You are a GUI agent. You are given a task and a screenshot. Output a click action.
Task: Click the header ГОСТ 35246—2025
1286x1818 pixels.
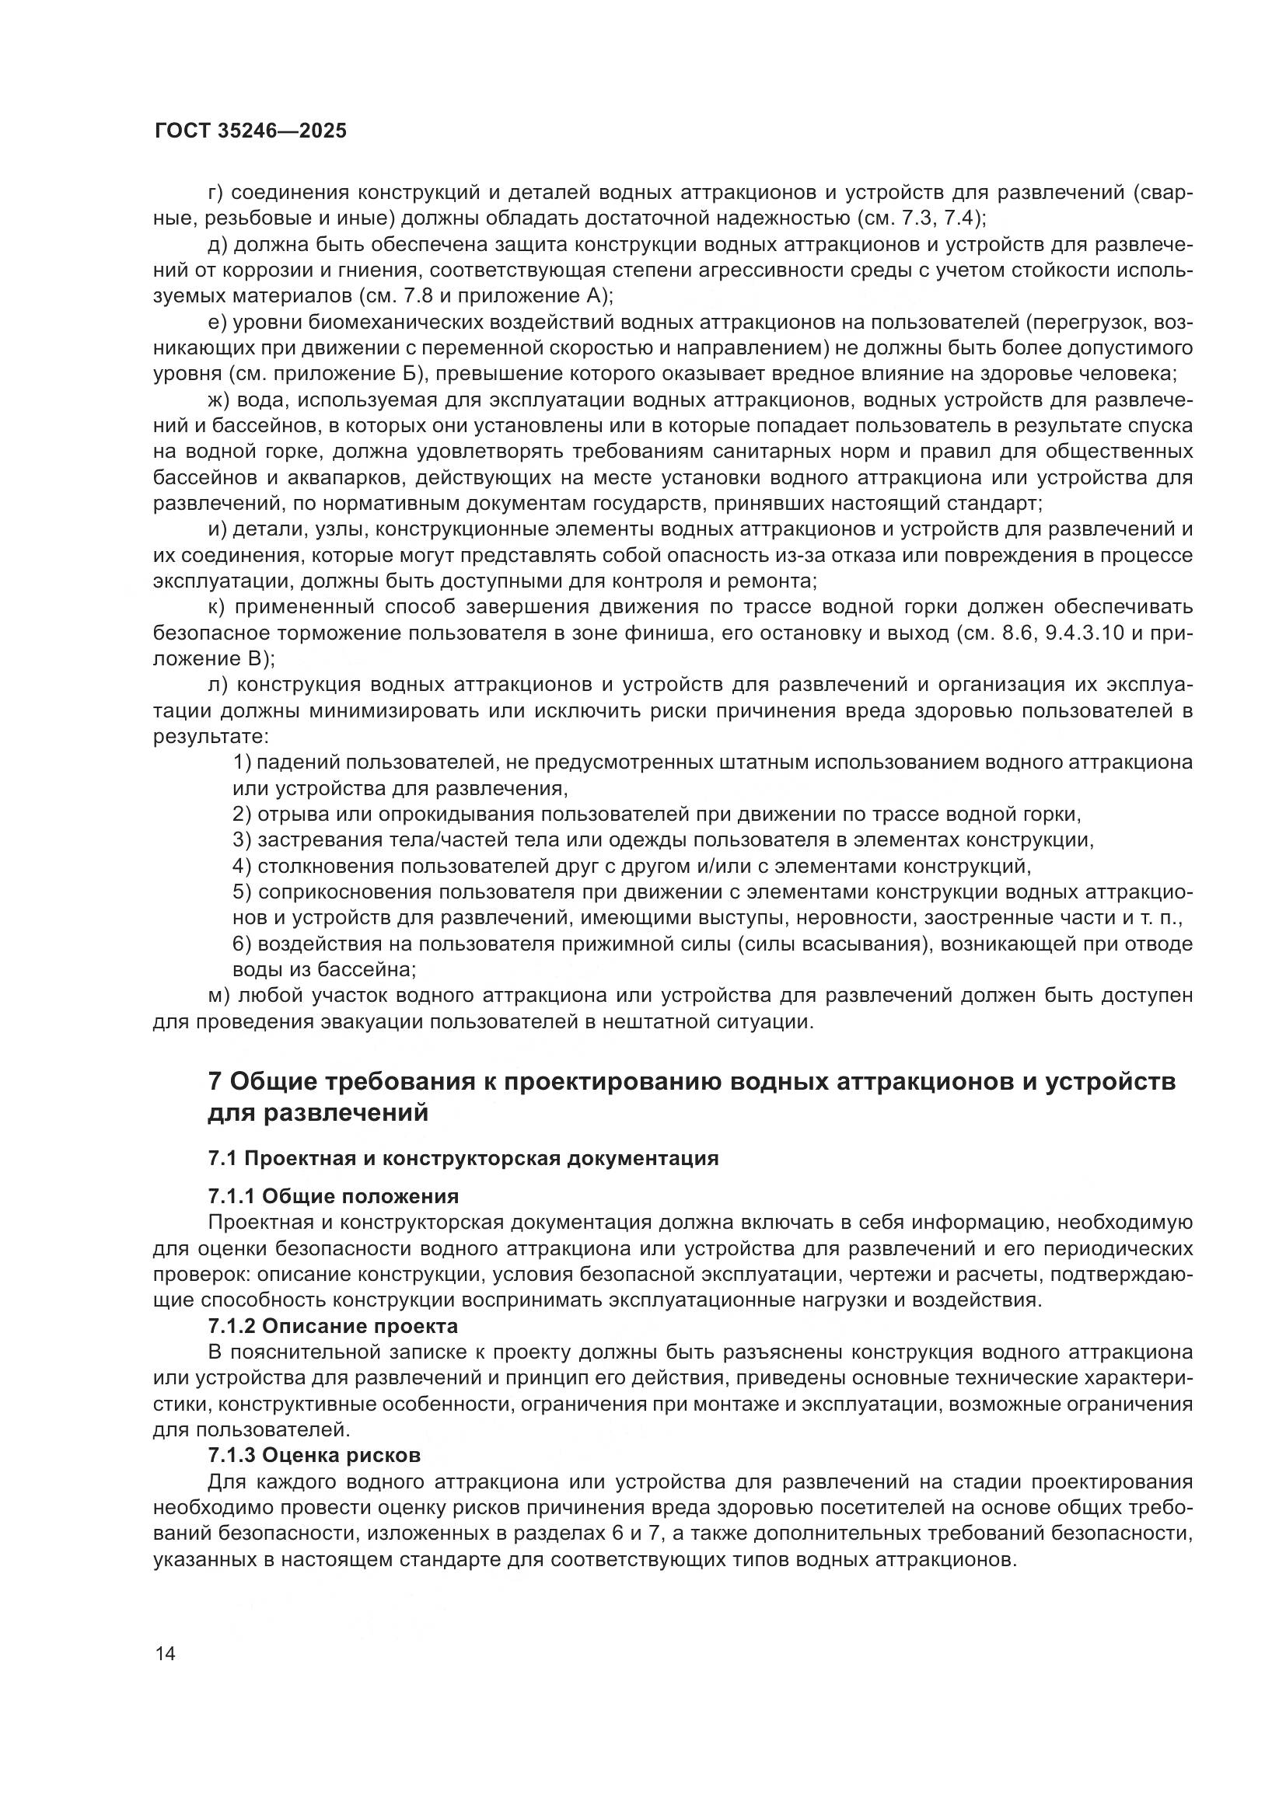(x=250, y=131)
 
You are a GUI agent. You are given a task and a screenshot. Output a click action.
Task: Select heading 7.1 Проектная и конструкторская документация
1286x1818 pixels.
(x=463, y=1158)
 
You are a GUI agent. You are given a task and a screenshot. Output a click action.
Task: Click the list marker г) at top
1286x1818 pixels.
(x=217, y=193)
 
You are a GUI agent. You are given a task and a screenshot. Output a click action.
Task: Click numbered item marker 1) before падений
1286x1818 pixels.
(x=243, y=762)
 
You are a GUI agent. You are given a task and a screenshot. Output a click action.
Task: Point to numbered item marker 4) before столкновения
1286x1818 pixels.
(x=243, y=866)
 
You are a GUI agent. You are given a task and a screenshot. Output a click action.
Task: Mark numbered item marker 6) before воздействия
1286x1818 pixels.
(x=243, y=944)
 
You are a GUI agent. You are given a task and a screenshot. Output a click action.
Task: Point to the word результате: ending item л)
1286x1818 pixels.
(x=211, y=736)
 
